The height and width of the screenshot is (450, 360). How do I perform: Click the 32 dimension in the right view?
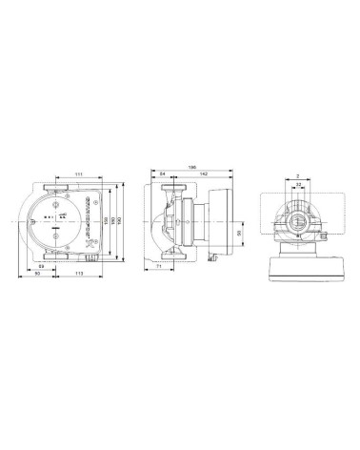300,184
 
